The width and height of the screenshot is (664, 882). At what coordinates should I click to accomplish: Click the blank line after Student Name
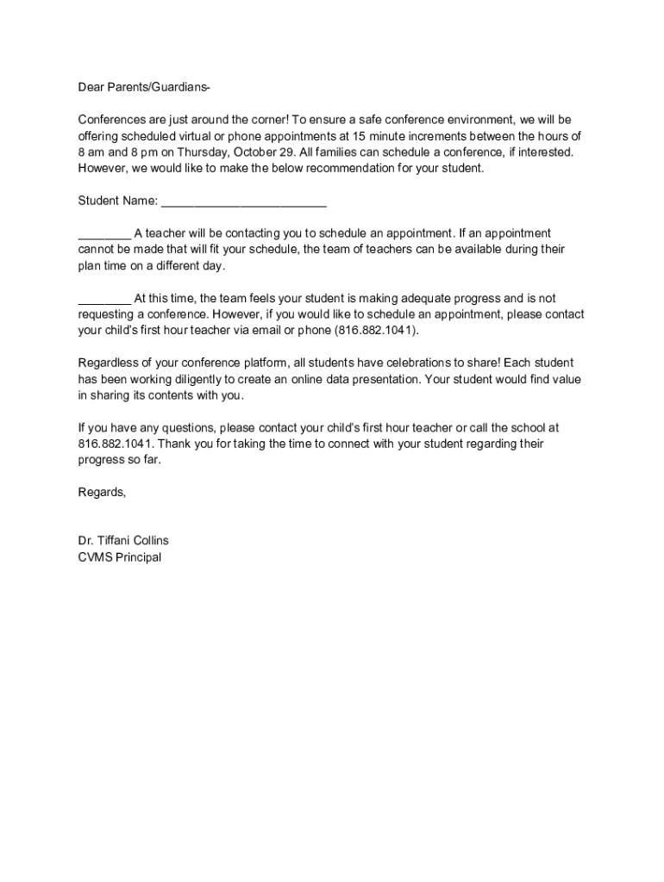(x=244, y=202)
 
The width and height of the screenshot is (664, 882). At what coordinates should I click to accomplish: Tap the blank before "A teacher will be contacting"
(x=104, y=233)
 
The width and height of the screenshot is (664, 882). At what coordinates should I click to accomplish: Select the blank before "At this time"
(x=104, y=299)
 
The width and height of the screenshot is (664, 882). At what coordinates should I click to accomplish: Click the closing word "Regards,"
(x=102, y=492)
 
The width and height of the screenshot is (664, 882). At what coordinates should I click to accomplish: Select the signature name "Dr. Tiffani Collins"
(x=123, y=541)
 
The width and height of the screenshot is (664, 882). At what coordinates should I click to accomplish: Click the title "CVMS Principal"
(x=119, y=557)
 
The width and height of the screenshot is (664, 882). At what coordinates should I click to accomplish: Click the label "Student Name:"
(x=118, y=201)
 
